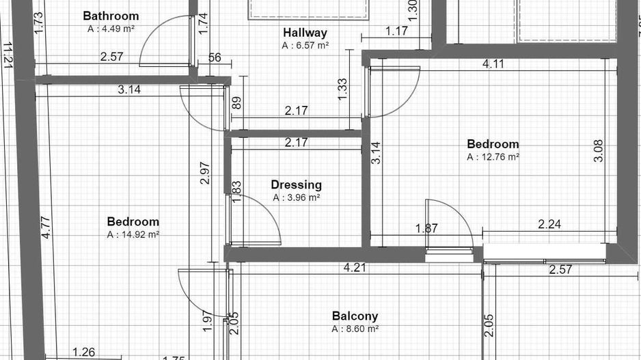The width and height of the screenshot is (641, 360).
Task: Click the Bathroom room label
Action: tap(110, 16)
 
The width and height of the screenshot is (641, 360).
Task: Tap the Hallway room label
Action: tap(305, 33)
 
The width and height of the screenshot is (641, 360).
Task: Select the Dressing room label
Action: tap(296, 184)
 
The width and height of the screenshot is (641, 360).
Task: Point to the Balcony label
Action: tap(355, 316)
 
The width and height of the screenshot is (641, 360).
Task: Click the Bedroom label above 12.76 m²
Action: tap(493, 144)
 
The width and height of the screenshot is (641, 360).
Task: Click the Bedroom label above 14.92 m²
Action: tap(133, 222)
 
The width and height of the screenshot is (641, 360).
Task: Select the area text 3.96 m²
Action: tap(296, 198)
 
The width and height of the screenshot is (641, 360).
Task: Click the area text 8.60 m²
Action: tap(355, 329)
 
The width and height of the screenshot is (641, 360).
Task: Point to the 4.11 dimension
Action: tap(493, 64)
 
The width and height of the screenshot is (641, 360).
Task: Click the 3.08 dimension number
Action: tap(599, 150)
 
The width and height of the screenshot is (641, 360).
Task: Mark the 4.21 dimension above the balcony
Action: tap(355, 268)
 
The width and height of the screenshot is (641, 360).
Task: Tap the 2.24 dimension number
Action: tap(550, 224)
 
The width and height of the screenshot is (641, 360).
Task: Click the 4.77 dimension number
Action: tap(45, 227)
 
